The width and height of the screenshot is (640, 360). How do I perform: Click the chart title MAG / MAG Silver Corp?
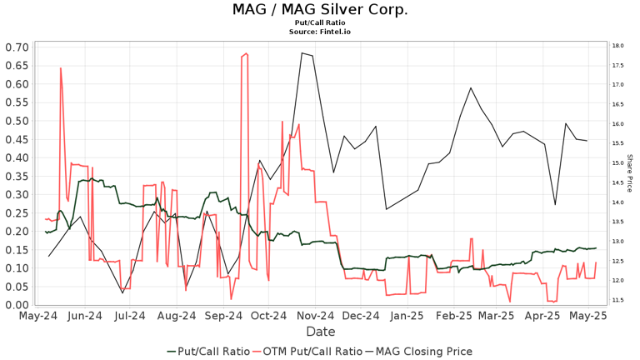(320, 10)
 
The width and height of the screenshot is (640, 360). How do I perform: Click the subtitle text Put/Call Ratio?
(320, 23)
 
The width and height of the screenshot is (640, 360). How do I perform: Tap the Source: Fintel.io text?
(320, 32)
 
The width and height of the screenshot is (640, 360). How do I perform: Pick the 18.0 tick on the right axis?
(617, 46)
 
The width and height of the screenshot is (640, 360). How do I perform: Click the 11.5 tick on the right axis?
(617, 300)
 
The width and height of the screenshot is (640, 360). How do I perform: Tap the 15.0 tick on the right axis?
(617, 163)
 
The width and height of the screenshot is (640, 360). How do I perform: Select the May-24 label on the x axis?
(39, 317)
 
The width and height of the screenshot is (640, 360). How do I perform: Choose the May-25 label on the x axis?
(587, 317)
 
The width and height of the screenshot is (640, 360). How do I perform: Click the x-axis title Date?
(320, 332)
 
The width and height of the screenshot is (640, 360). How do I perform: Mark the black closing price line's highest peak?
(302, 53)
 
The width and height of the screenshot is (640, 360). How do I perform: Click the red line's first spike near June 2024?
(61, 68)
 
